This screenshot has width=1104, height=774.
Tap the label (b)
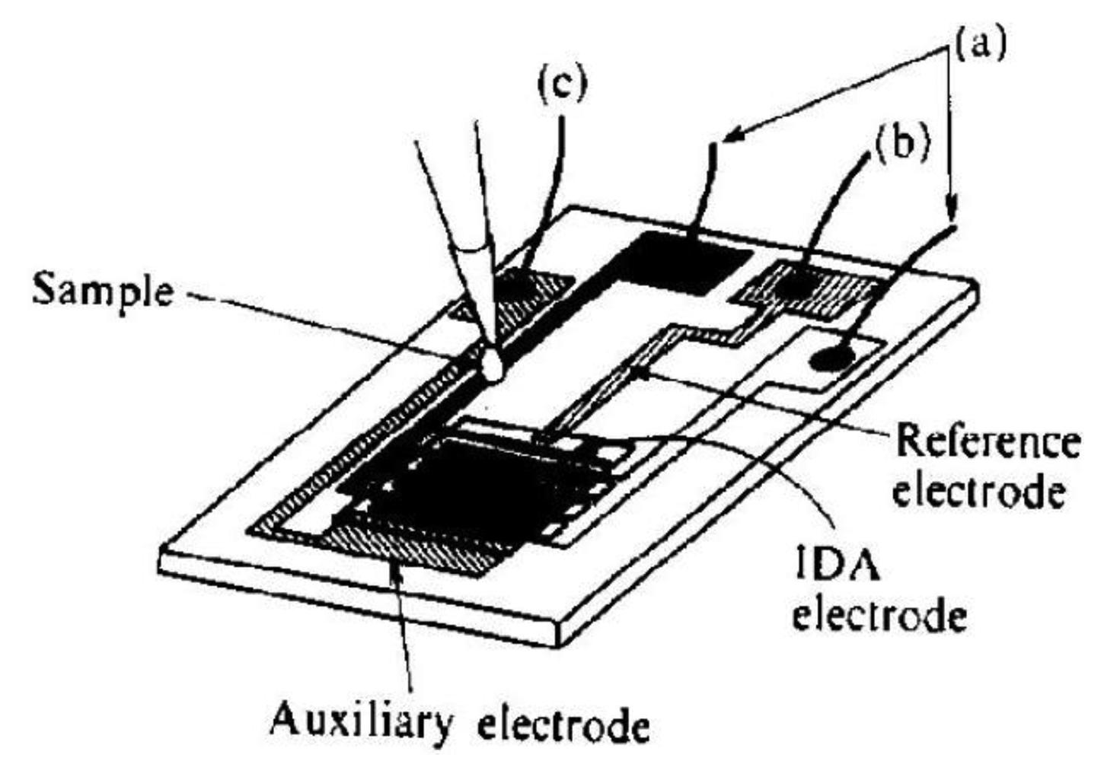901,145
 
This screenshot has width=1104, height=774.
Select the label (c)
563,85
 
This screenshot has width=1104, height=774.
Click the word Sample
104,290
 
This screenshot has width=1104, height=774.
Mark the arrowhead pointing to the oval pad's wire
952,210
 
